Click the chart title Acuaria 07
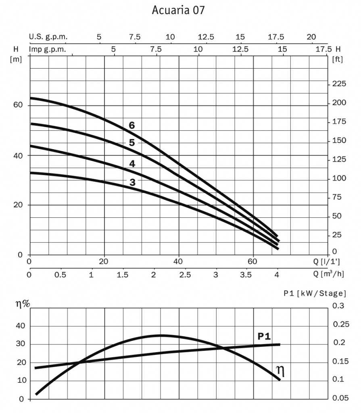coord(178,10)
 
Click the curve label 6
coord(131,125)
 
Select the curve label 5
coord(131,142)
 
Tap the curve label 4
coord(132,163)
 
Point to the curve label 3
coord(132,182)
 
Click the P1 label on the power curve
coord(264,336)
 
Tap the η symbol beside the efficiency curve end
coord(280,371)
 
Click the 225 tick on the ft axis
coord(339,84)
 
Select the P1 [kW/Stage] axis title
coord(315,293)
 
